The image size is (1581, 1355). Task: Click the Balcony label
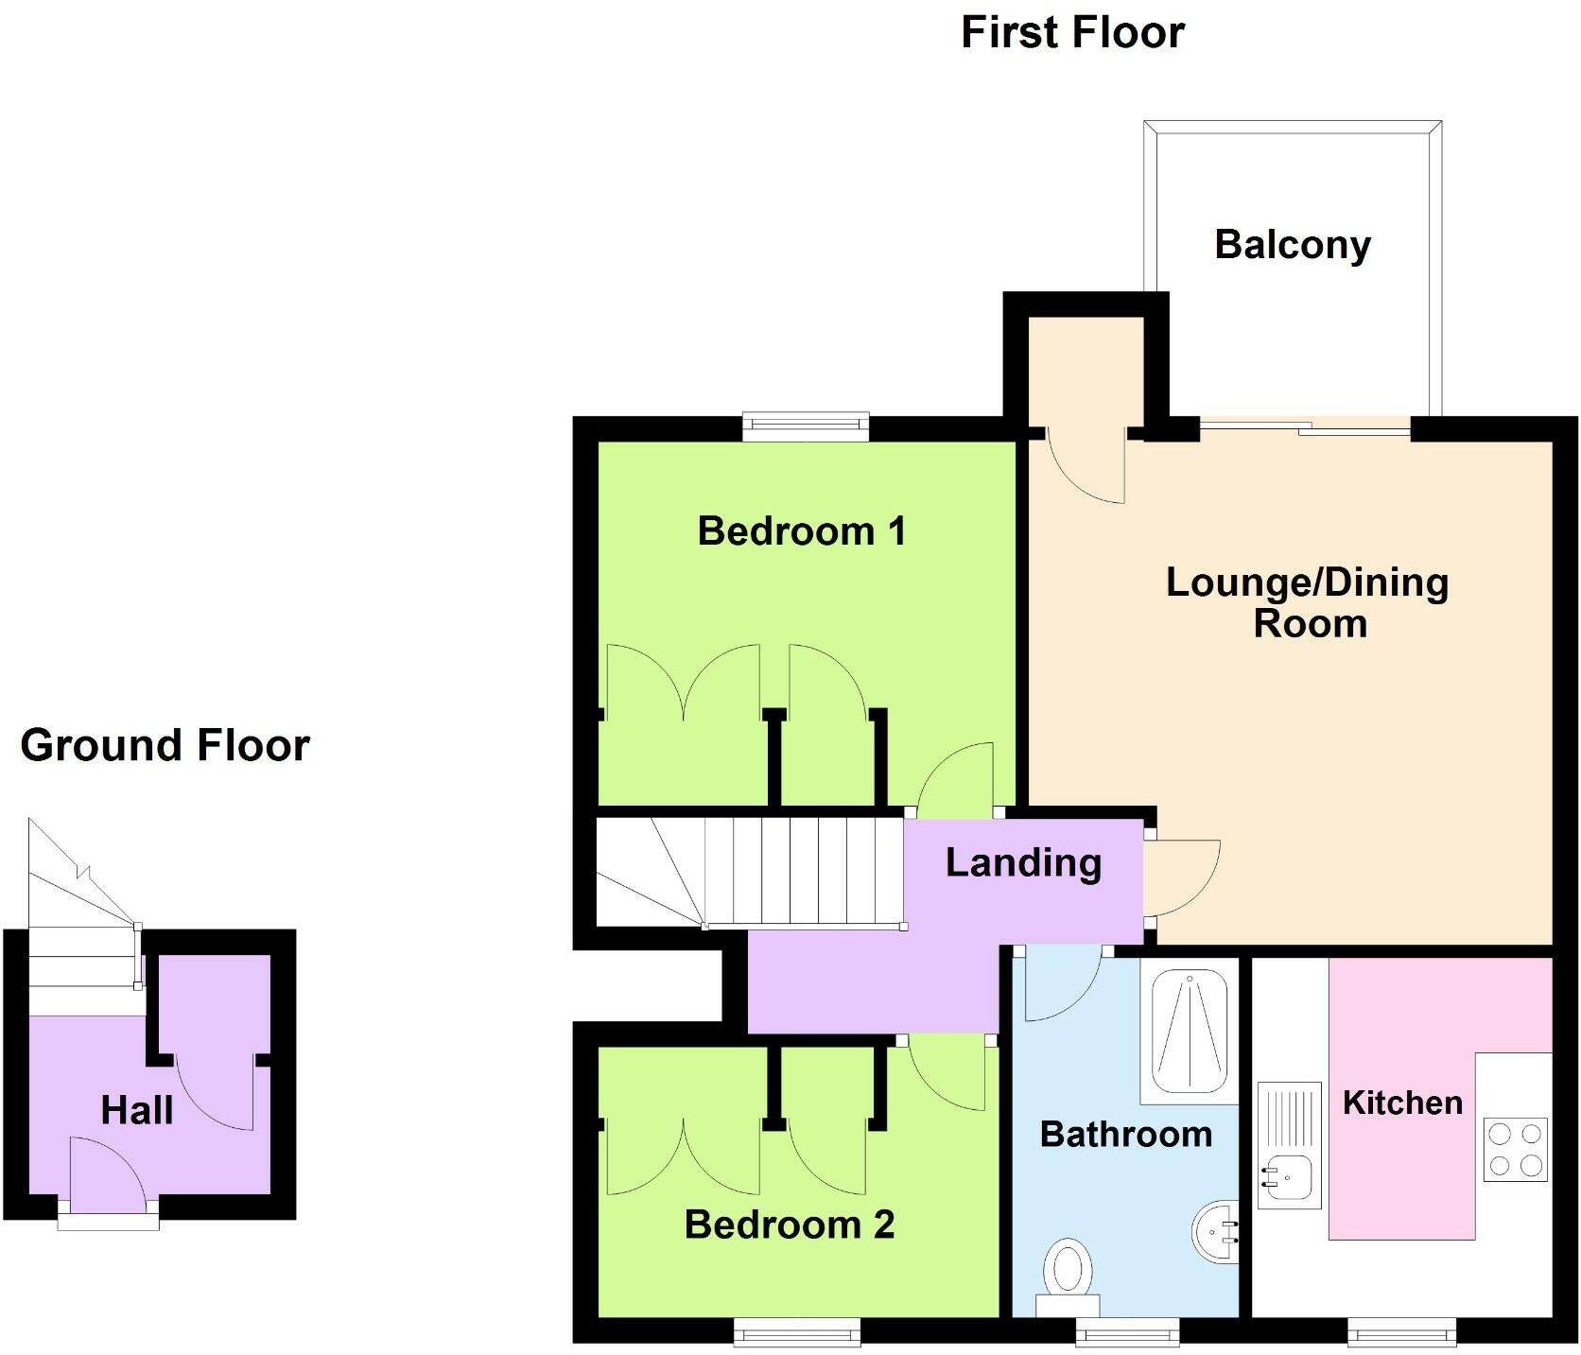coord(1292,245)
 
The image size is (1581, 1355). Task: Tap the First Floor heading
coord(1072,32)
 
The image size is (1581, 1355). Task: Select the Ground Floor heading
coord(165,745)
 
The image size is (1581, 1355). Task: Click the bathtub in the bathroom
coord(1189,1031)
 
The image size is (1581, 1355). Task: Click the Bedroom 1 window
coord(805,426)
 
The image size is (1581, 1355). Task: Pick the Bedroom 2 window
coord(798,1332)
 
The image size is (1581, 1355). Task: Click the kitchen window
coord(1401,1332)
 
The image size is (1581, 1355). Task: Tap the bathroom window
coord(1127,1332)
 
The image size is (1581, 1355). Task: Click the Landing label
coord(1023,862)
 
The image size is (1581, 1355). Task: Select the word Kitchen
coord(1402,1103)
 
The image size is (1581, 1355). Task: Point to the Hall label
coord(137,1110)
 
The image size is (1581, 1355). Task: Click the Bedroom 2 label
coord(789,1225)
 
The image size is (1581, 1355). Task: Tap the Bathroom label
coord(1125,1134)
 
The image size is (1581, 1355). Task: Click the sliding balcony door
coord(1305,429)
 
